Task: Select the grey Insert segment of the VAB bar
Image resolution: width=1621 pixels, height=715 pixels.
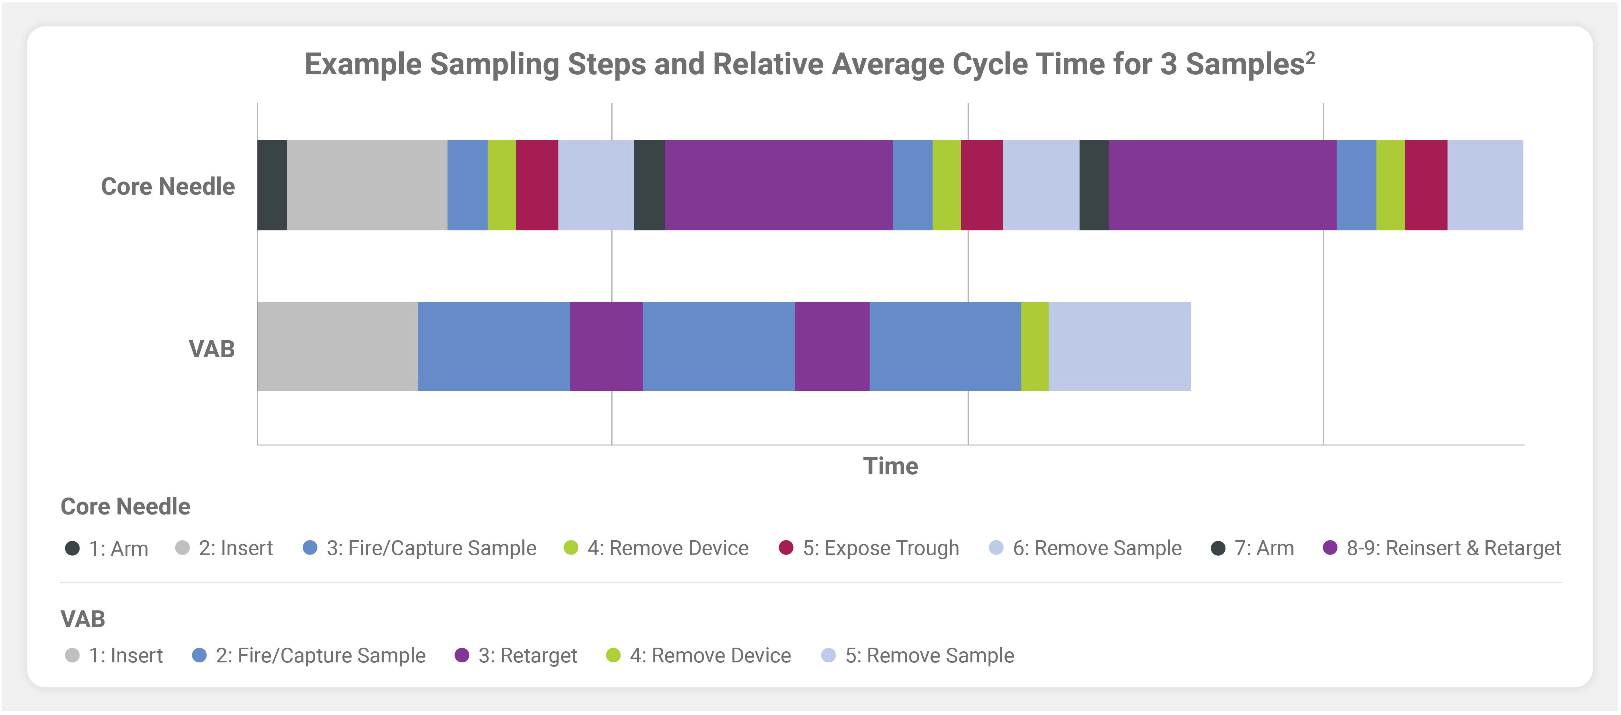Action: [337, 347]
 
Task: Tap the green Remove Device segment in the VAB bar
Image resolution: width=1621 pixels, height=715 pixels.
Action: [1035, 347]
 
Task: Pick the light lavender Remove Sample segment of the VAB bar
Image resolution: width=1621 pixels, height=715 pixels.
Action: [1119, 347]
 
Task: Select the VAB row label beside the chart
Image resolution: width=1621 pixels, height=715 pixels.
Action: [211, 349]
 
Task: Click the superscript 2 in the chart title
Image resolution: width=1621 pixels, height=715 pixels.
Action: [1310, 57]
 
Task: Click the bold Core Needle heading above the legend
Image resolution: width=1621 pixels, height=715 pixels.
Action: [125, 507]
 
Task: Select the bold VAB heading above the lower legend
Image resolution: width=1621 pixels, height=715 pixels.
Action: [83, 619]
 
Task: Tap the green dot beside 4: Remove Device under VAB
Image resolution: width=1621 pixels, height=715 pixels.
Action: [613, 655]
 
